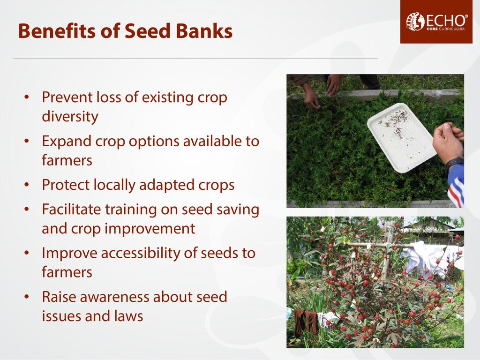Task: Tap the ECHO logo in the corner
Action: click(436, 22)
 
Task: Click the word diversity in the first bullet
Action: click(70, 117)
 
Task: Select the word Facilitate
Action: click(71, 210)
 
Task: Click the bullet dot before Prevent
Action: click(27, 97)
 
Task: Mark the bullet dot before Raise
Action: click(27, 297)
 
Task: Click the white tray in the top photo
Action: click(402, 137)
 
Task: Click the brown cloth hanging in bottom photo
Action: click(306, 322)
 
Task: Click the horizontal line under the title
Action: click(195, 58)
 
